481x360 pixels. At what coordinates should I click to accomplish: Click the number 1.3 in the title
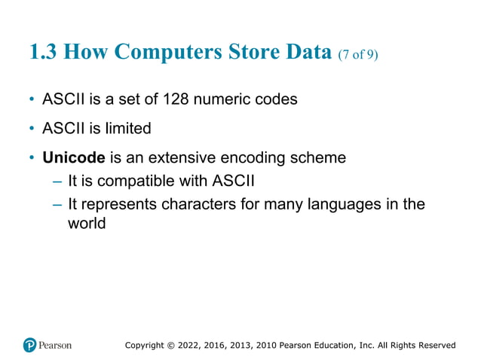(44, 52)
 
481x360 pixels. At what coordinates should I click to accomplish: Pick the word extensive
(181, 158)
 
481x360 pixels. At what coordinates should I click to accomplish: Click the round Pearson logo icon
(29, 345)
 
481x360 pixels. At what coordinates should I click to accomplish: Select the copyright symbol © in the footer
(170, 345)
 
